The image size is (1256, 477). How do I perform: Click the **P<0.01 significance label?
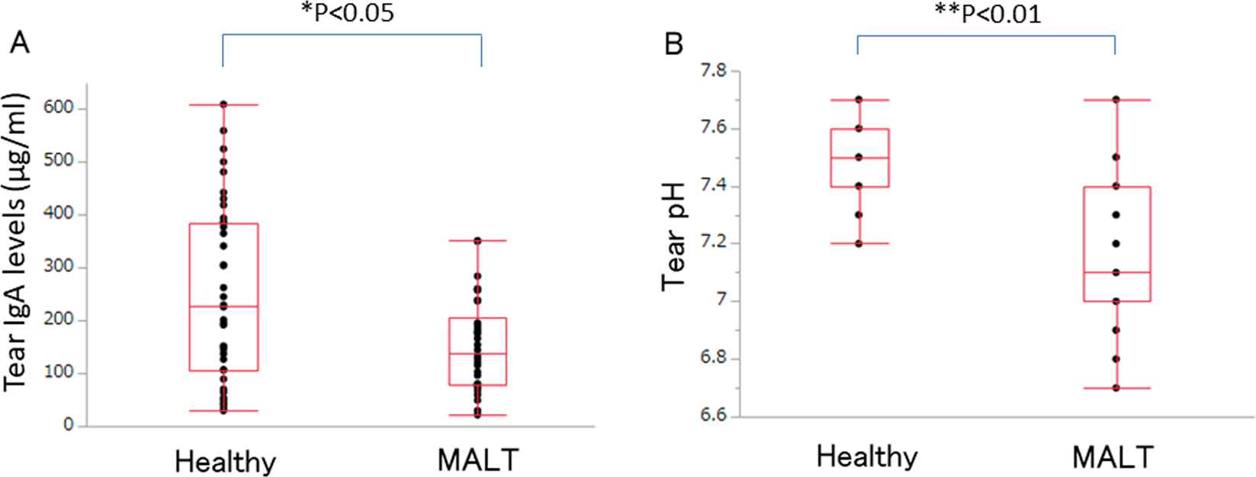click(988, 14)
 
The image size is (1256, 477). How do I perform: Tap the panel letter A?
click(20, 43)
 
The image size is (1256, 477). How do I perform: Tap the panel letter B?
click(673, 44)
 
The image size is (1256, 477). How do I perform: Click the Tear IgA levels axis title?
click(17, 242)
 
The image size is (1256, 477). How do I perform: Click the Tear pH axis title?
click(675, 236)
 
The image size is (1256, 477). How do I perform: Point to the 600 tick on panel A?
click(59, 108)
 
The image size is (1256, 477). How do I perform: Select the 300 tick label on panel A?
click(59, 267)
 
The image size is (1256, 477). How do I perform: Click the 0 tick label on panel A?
click(69, 425)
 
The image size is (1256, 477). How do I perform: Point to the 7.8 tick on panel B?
click(715, 72)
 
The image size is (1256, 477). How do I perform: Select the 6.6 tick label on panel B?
click(715, 417)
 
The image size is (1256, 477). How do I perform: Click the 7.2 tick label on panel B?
click(715, 244)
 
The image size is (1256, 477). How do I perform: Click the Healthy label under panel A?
click(225, 462)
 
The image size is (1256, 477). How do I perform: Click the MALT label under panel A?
click(478, 460)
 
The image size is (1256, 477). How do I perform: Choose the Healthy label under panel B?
click(867, 456)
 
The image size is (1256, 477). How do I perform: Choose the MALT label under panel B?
click(1113, 457)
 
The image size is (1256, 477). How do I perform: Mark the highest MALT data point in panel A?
click(477, 241)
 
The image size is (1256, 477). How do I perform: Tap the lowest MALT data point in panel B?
click(1116, 388)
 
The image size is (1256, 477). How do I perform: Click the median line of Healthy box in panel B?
click(859, 158)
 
